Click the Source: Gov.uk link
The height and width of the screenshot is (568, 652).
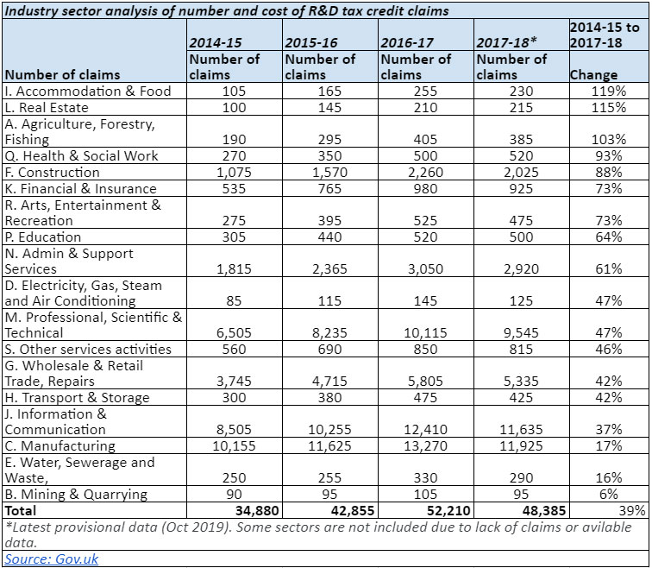coord(52,559)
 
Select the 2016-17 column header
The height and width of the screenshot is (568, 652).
coord(404,42)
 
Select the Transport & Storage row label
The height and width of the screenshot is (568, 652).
coord(77,397)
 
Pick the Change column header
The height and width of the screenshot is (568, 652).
coord(593,75)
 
